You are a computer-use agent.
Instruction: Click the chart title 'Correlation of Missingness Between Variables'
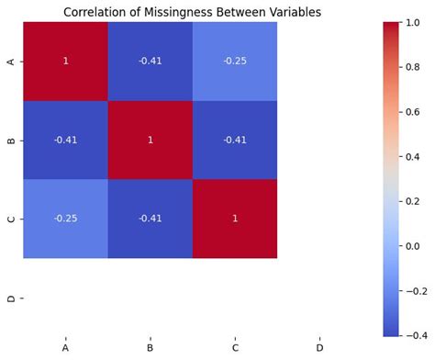[192, 12]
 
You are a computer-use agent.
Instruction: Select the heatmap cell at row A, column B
[150, 61]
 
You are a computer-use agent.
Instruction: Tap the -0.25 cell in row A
[235, 61]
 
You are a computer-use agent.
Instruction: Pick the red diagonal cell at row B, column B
[150, 141]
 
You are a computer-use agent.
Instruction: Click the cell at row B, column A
[64, 141]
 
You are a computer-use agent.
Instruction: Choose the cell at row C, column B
[150, 219]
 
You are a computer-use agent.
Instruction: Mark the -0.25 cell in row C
[64, 219]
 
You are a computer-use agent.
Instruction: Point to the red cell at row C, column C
[235, 219]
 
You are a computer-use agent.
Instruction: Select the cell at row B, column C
[235, 141]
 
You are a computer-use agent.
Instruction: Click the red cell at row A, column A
[64, 61]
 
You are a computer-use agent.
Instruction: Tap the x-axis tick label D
[319, 349]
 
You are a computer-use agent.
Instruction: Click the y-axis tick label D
[9, 298]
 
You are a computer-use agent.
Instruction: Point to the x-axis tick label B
[150, 349]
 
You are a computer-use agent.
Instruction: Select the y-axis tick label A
[9, 61]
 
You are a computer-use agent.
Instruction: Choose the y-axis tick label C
[9, 219]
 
